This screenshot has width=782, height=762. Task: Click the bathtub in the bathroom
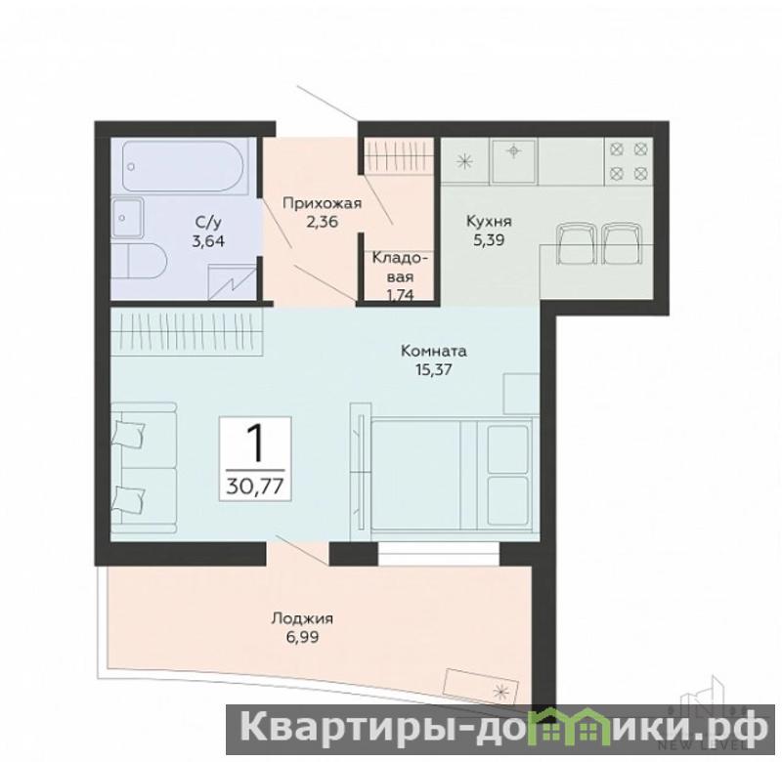coord(183,165)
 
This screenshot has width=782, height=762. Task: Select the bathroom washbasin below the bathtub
coord(127,217)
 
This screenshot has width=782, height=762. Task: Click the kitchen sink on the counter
coord(514,159)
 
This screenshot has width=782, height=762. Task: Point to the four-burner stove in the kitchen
coord(629,160)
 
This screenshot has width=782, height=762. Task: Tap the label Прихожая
coord(323,203)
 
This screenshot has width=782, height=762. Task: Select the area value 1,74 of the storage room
coord(400,294)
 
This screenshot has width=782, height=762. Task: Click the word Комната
coord(433,351)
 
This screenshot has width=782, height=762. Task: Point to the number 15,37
coord(433,370)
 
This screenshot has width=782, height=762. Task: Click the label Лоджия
coord(303,619)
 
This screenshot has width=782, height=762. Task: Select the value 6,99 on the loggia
coord(303,637)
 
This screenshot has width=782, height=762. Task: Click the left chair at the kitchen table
coord(576,243)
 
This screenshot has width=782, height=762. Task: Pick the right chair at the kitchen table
coord(622,243)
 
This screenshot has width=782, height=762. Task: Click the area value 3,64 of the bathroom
coord(208,241)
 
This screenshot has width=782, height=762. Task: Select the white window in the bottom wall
coord(438,554)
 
